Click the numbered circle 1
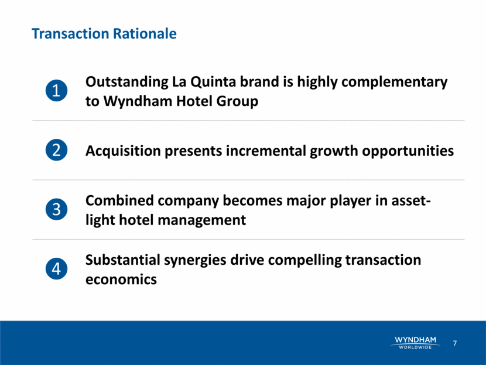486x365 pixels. point(56,91)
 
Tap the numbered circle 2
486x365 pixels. point(56,150)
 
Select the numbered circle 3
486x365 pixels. point(56,209)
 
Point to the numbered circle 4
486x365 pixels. point(56,268)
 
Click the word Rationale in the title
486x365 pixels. point(145,33)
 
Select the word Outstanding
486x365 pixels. point(126,83)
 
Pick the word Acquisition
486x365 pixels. point(123,151)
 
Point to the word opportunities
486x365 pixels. point(408,151)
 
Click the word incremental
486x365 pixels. point(266,151)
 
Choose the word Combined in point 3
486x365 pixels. point(119,200)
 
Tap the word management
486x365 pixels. point(202,220)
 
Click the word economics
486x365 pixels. point(121,279)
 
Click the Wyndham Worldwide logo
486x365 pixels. point(415,343)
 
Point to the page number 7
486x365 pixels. point(455,343)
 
